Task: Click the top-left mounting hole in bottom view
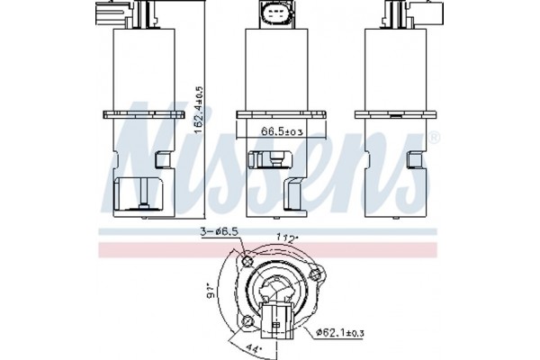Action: pyautogui.click(x=247, y=262)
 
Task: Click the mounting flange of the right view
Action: pyautogui.click(x=391, y=113)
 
